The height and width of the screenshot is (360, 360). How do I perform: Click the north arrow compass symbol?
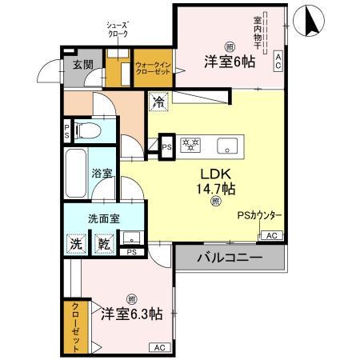pos(309,22)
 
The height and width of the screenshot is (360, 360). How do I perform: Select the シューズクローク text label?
pos(118,30)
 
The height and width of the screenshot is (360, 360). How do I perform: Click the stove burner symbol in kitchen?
pos(192,146)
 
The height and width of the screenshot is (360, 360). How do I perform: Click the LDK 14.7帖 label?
pos(215,182)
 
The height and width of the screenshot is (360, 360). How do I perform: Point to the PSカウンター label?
pos(258,214)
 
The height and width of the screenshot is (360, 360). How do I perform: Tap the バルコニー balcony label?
pos(230,258)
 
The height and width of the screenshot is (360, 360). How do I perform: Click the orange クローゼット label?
pos(74,326)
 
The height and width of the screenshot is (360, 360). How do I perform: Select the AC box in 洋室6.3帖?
pos(158,346)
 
